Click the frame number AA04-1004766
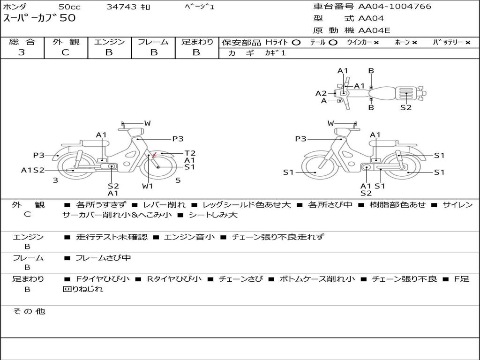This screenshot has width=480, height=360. point(395,7)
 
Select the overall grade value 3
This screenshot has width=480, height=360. point(22,52)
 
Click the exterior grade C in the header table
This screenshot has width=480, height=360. point(66,52)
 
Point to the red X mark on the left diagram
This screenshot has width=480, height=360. point(155,155)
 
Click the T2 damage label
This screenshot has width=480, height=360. point(190,153)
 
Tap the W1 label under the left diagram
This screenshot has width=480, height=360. point(147,186)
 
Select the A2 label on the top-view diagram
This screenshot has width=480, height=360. point(321,93)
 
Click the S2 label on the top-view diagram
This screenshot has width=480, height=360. point(406,107)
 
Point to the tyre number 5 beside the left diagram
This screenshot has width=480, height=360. point(178,180)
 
